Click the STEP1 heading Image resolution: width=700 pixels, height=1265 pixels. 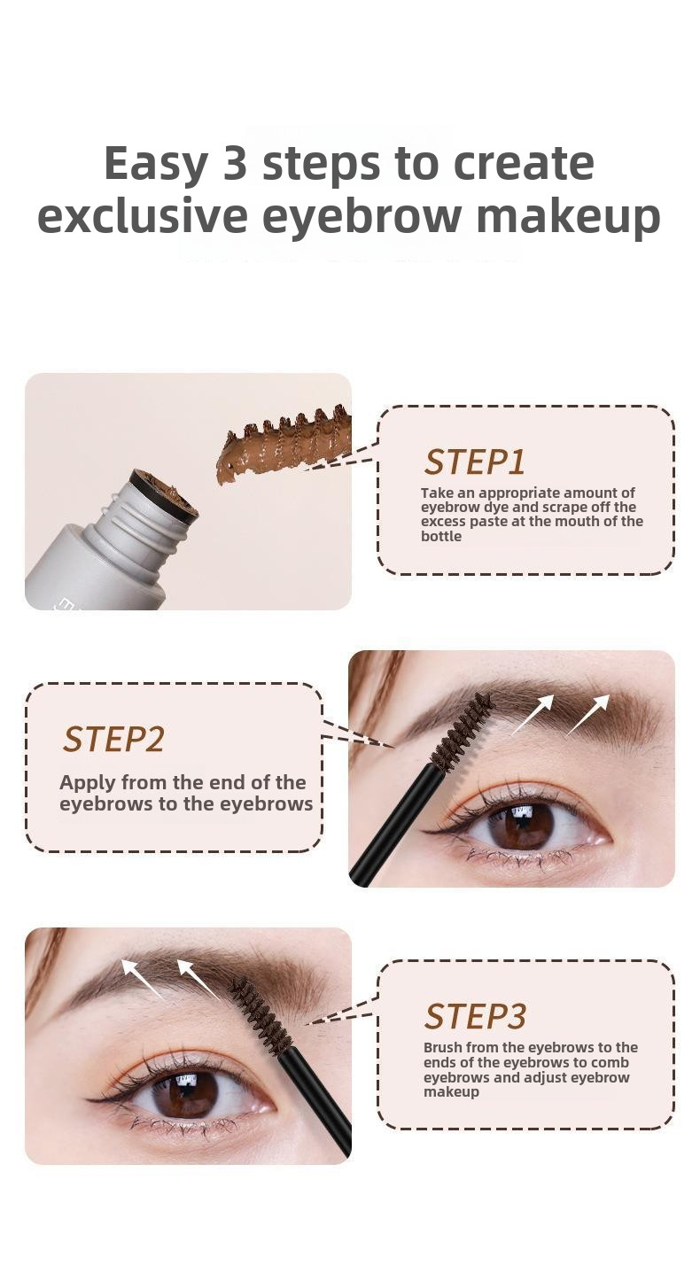475,462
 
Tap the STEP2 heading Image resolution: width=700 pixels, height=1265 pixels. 113,739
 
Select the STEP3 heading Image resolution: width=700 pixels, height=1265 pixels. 475,1017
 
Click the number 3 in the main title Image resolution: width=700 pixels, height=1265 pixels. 235,163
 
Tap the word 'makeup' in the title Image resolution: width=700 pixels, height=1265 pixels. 568,218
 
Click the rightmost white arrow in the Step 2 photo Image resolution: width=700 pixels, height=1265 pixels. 588,714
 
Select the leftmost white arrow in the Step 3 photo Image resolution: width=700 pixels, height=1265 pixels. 143,979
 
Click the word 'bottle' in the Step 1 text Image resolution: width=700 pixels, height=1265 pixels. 441,537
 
